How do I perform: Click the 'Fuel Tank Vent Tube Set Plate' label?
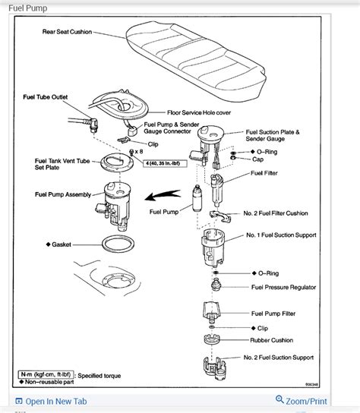(60, 165)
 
